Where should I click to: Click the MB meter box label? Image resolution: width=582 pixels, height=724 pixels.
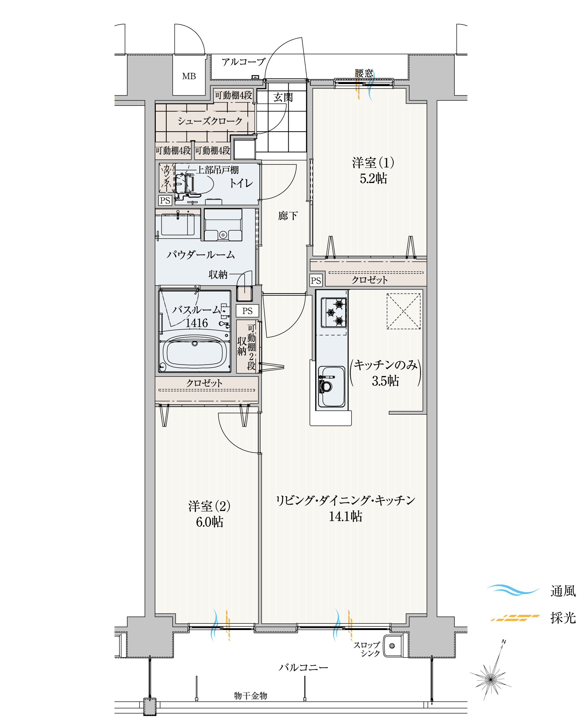tap(188, 76)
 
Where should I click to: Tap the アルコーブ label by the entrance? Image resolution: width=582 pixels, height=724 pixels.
tap(243, 62)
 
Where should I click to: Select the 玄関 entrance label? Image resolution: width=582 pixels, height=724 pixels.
tap(283, 98)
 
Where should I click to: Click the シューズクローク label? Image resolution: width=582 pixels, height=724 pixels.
tap(210, 121)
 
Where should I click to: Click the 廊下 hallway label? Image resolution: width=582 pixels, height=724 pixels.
tap(288, 216)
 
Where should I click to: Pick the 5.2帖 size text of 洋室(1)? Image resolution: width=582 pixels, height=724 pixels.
tap(373, 179)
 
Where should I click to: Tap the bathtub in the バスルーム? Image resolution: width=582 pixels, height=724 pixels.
tap(194, 353)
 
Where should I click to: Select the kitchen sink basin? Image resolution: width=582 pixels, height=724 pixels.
tap(332, 386)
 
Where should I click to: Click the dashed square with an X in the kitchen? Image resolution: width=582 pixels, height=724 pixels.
tap(403, 311)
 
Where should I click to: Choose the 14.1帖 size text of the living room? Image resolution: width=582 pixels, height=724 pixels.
tap(345, 517)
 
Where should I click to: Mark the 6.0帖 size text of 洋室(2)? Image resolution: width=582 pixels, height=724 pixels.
tap(209, 522)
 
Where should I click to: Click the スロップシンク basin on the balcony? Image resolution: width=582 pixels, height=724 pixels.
tap(393, 646)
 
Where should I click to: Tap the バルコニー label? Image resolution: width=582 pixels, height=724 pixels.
tap(303, 668)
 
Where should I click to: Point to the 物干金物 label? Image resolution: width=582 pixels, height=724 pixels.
tap(250, 696)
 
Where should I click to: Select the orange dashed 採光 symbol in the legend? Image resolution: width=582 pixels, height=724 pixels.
tap(515, 617)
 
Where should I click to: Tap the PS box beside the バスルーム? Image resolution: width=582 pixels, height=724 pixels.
tap(247, 311)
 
